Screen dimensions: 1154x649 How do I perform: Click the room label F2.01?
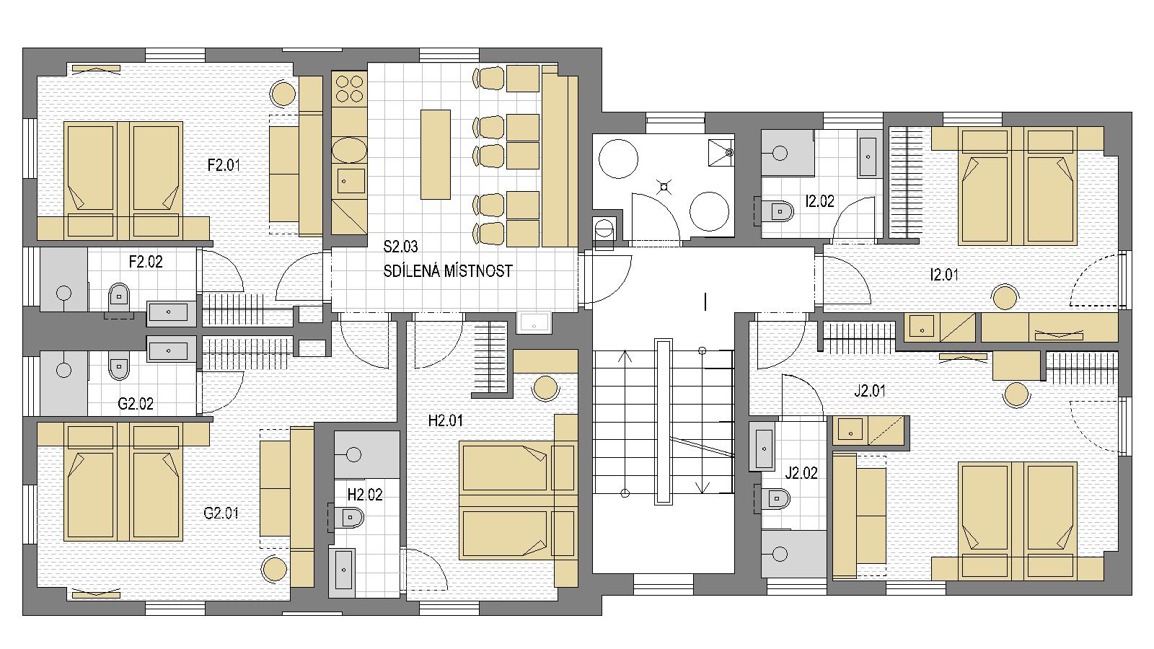[224, 165]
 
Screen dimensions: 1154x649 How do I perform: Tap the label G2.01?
[221, 513]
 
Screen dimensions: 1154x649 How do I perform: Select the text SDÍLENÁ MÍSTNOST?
[448, 271]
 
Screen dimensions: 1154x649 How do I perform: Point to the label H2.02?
[365, 495]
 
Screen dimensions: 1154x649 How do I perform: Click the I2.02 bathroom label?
[819, 201]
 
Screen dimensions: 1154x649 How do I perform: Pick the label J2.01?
[870, 391]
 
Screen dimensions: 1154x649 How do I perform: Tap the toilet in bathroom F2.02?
[120, 297]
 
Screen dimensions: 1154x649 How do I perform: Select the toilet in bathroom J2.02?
[776, 498]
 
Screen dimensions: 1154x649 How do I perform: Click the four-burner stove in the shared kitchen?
[349, 89]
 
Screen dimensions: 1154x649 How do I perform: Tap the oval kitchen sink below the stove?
[349, 150]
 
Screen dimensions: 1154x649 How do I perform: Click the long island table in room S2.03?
[436, 154]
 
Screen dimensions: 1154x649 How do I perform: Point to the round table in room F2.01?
[283, 94]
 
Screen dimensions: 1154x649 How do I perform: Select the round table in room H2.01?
[545, 388]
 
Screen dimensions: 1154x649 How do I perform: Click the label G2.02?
[136, 404]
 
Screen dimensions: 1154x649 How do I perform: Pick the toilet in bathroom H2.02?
[349, 517]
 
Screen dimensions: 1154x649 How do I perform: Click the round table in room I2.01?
[1005, 296]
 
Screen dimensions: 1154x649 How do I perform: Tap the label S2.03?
[400, 247]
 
